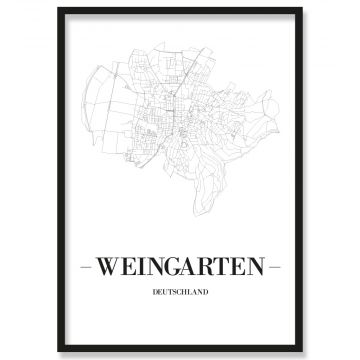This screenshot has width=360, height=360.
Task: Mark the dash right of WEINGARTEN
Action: tap(277, 268)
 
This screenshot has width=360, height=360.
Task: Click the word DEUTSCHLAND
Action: tap(180, 293)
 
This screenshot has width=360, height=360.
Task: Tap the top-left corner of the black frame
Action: tap(59, 8)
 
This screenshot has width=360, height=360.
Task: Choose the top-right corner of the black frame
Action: tap(301, 8)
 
